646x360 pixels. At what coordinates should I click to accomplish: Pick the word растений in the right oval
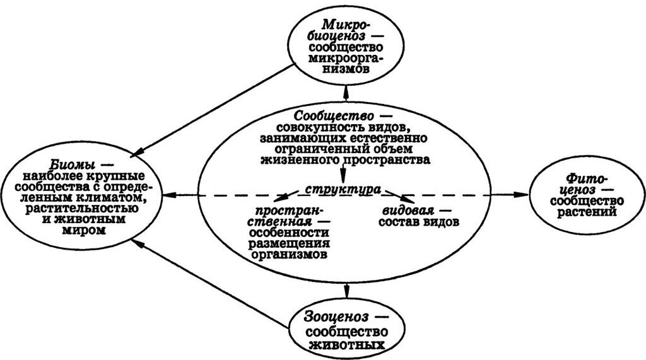[x=586, y=212]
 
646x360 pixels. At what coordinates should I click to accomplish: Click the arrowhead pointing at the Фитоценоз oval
[x=525, y=195]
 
